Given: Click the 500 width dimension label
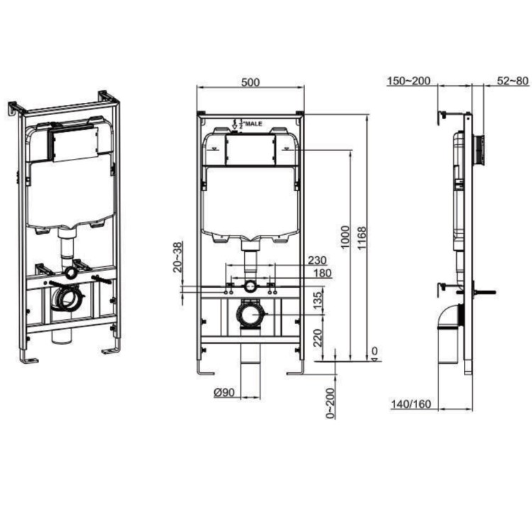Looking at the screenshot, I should (x=250, y=82).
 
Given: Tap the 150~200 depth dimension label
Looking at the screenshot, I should (x=409, y=81).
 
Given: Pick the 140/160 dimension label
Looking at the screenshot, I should (x=410, y=405).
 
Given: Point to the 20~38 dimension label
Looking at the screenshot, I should (x=177, y=257).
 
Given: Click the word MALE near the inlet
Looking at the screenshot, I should (x=254, y=123).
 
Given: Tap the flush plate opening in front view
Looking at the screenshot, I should (x=250, y=151).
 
